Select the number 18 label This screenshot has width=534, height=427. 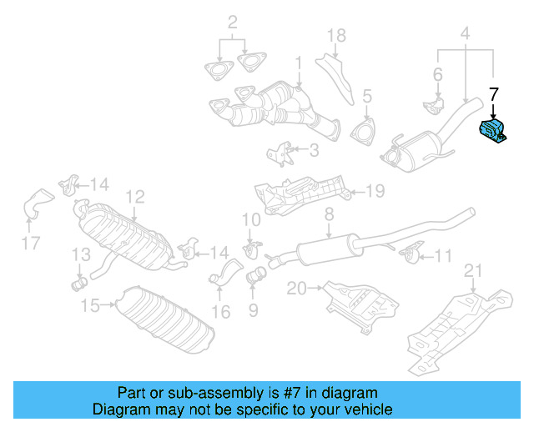335,35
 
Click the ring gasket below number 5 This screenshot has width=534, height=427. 364,134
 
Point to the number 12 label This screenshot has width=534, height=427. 135,197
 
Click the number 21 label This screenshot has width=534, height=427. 473,269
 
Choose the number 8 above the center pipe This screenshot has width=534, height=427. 329,214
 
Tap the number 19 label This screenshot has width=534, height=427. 375,192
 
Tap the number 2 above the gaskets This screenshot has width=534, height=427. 233,22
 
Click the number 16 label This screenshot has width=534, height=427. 220,313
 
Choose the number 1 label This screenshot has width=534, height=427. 298,63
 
